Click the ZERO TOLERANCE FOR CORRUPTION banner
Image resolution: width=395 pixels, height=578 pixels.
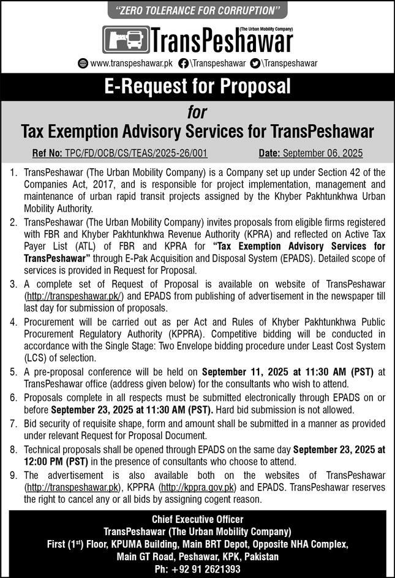tap(197, 11)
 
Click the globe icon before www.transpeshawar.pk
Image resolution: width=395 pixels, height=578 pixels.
tap(83, 63)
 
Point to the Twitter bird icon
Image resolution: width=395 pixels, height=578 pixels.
tap(255, 63)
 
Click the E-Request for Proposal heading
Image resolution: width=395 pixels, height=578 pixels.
tap(197, 86)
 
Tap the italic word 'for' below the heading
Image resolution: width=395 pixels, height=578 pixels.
tap(197, 113)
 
